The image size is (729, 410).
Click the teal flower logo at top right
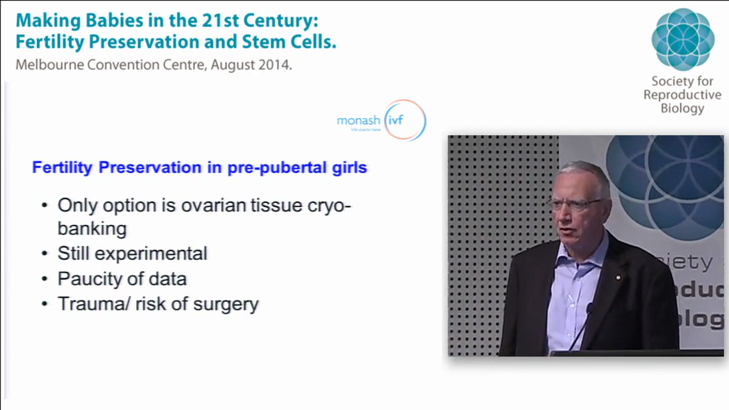[682, 39]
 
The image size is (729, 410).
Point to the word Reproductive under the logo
[682, 95]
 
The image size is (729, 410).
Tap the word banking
[92, 229]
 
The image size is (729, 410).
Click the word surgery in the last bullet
[226, 304]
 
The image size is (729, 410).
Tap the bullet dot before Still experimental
[45, 254]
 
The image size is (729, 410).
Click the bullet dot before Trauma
[45, 304]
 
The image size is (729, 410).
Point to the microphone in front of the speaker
[588, 310]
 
